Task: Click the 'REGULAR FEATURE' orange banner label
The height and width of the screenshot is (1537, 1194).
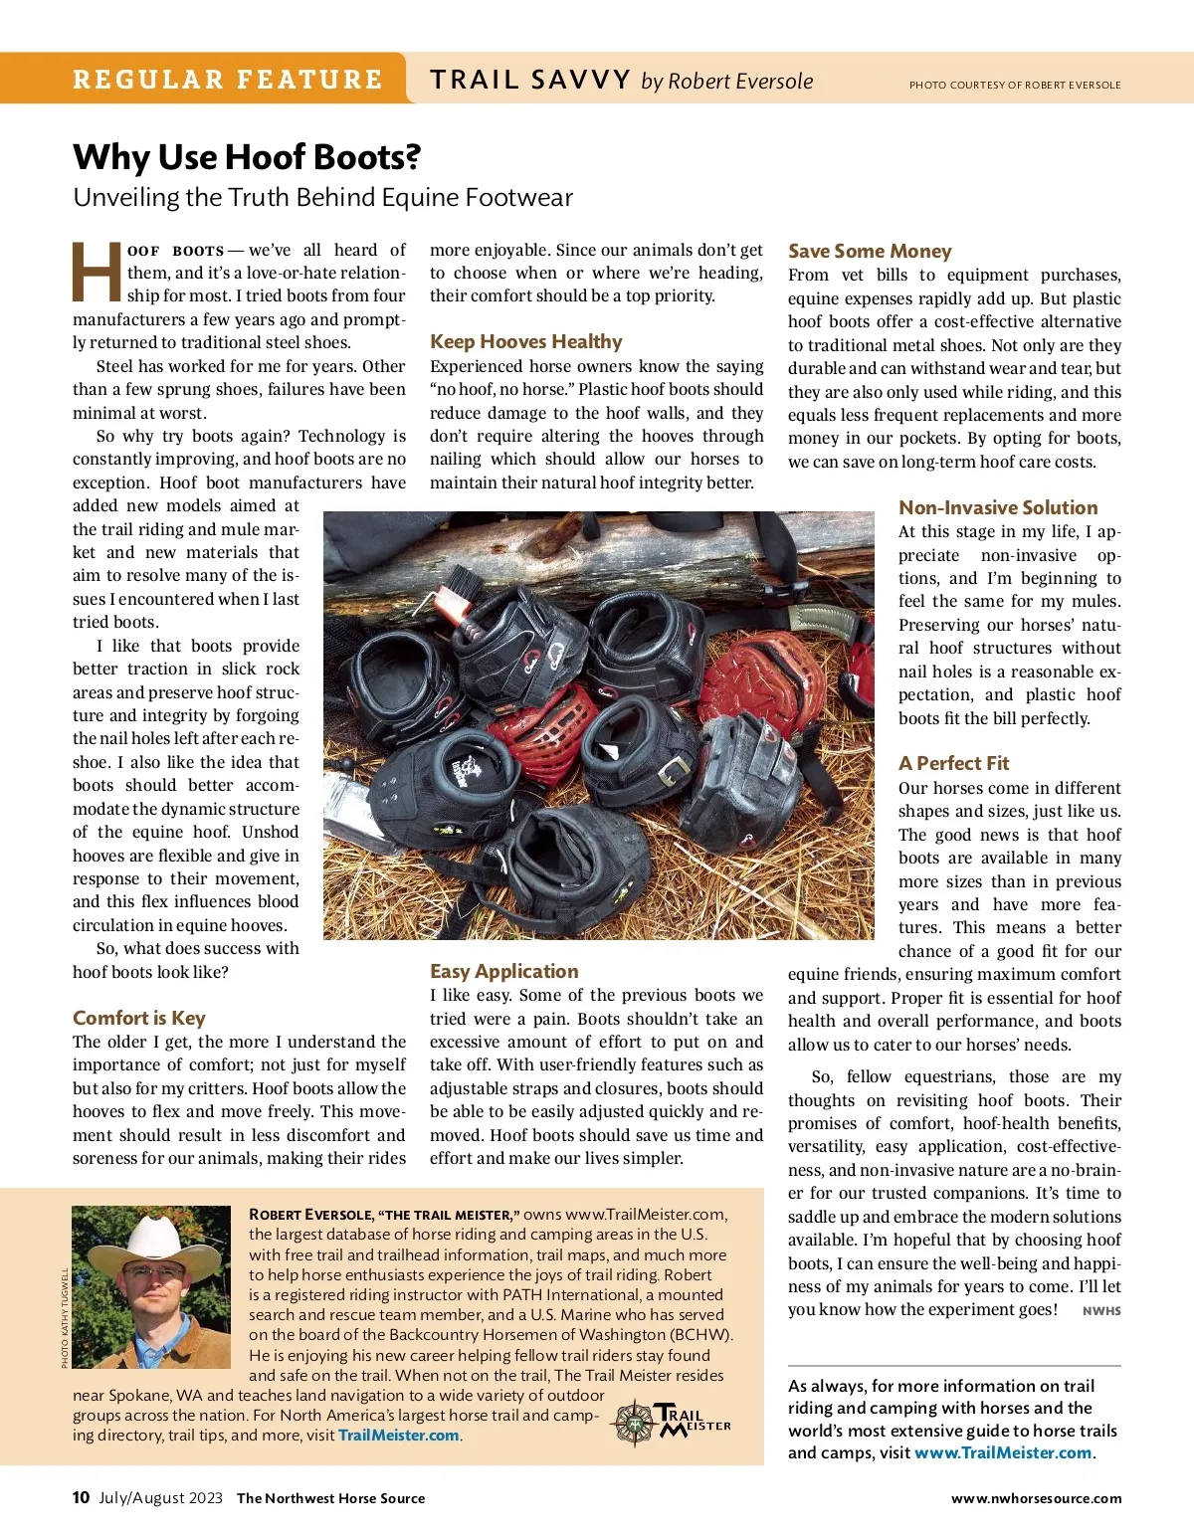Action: (x=227, y=80)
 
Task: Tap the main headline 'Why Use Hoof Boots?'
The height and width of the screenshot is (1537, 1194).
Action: (x=247, y=157)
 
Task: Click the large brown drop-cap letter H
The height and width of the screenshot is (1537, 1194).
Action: (x=98, y=273)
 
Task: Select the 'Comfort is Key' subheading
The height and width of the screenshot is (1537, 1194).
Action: (x=139, y=1018)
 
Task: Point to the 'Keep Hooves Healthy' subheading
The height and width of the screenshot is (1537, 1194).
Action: (x=526, y=341)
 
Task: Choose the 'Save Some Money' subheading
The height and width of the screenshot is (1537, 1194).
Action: (x=870, y=251)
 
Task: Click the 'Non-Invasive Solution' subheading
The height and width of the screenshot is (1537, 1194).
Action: (x=998, y=507)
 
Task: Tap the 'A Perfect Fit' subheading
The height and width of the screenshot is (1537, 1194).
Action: (x=953, y=763)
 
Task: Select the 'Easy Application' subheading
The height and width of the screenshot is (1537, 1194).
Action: (x=504, y=971)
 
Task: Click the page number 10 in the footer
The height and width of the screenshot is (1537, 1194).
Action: (x=81, y=1497)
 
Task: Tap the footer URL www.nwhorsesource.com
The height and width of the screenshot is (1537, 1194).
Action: (x=1036, y=1498)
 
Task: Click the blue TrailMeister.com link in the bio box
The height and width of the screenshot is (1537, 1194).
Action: (x=399, y=1436)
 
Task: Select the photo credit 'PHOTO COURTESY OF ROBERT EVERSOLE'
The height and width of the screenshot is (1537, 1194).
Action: (x=1015, y=86)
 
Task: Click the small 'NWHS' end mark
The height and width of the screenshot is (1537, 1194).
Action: (x=1101, y=1311)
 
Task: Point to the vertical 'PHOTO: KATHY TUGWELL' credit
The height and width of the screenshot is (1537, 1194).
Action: (x=65, y=1318)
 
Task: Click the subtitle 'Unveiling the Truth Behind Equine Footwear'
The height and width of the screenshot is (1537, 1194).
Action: (x=323, y=197)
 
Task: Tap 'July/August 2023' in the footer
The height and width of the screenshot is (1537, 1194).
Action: (x=160, y=1498)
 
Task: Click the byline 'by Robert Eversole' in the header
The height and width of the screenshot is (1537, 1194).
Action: (x=727, y=82)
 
